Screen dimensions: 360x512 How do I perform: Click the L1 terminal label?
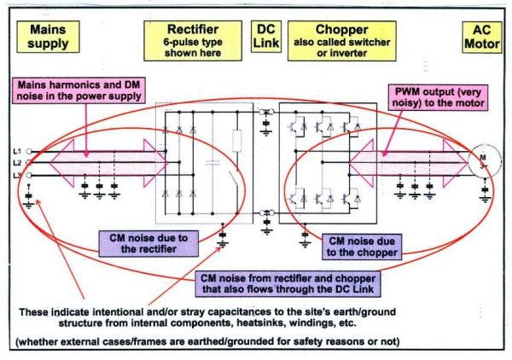17,150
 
